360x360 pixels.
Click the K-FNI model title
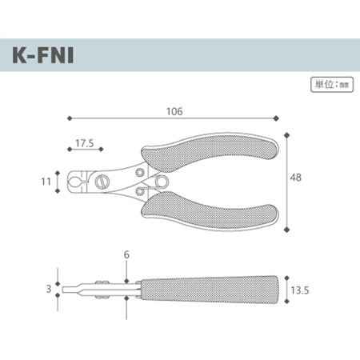click(43, 55)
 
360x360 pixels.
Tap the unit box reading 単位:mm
click(332, 85)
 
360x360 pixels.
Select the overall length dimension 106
click(174, 111)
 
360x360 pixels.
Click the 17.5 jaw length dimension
click(85, 143)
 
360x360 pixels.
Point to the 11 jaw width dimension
click(46, 182)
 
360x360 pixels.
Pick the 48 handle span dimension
click(296, 178)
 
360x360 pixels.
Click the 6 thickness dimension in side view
click(126, 254)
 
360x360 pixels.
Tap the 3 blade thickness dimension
click(49, 289)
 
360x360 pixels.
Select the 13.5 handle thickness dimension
click(300, 290)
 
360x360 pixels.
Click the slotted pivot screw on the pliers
click(102, 182)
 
